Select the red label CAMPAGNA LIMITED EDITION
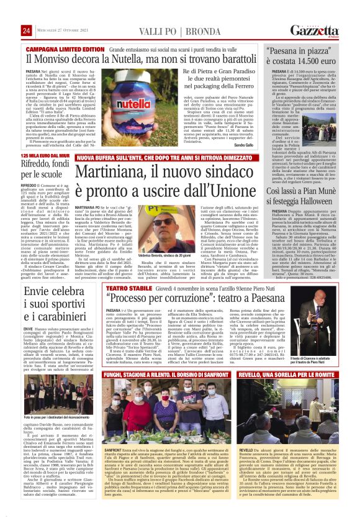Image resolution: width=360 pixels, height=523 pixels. point(65,48)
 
